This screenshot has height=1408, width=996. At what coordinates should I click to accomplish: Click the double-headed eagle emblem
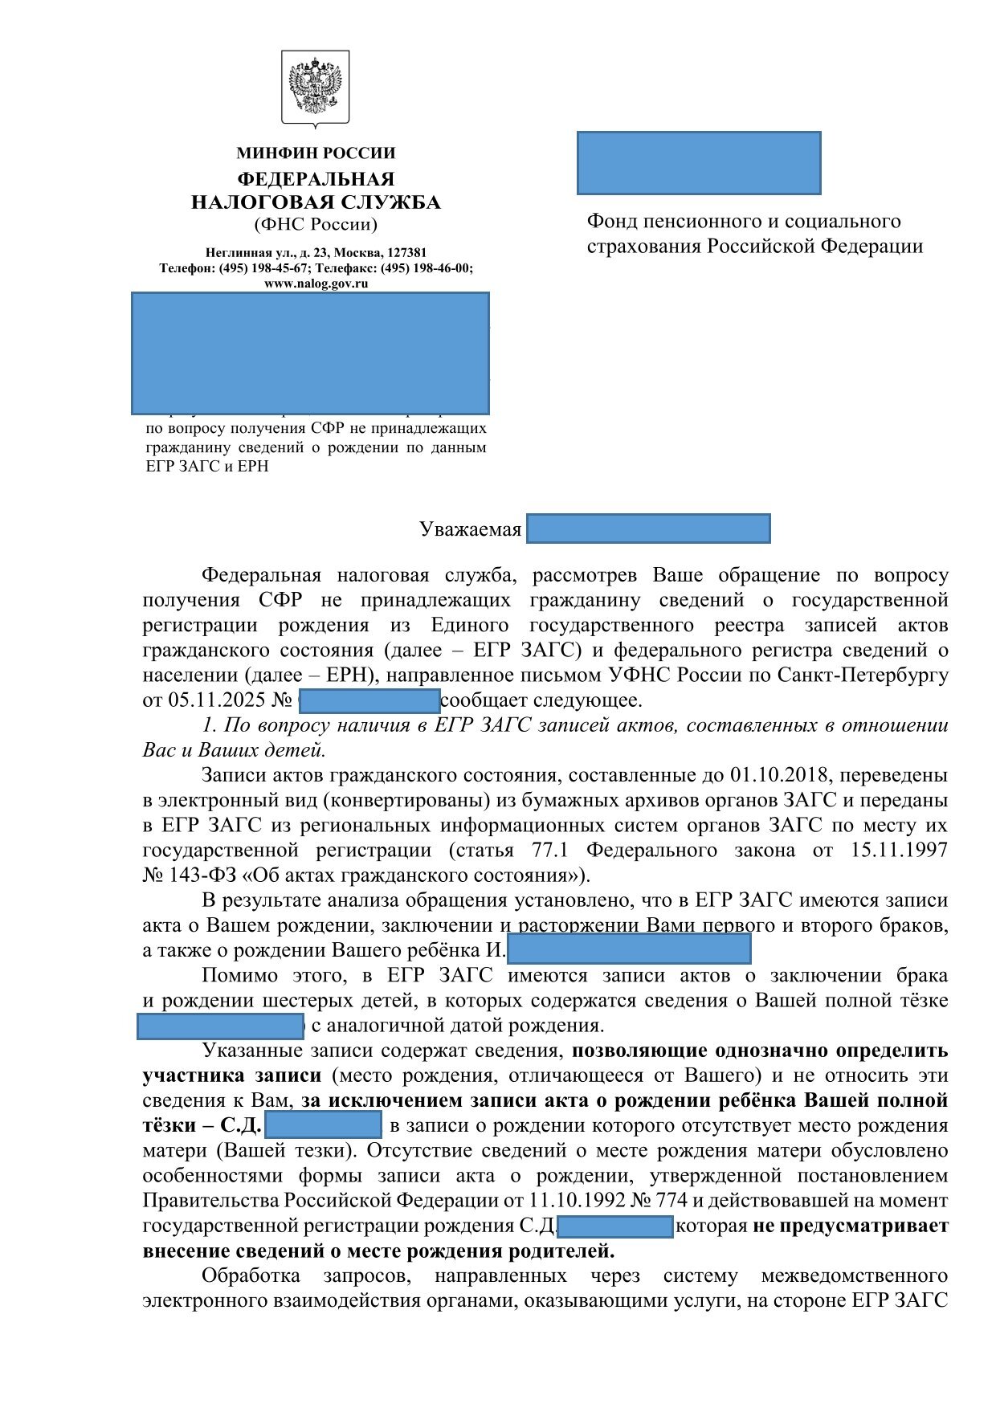pos(315,88)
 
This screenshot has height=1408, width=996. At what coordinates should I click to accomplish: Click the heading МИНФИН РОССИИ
pos(316,153)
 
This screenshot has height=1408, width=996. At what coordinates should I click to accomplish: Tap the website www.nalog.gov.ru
pos(316,283)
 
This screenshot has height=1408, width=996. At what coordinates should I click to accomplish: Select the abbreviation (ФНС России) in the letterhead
pos(316,225)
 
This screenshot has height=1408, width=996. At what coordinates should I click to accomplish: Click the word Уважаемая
pos(471,530)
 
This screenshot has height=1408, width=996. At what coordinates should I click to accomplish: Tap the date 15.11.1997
pos(899,850)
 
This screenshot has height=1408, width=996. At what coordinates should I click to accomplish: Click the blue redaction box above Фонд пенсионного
pos(699,163)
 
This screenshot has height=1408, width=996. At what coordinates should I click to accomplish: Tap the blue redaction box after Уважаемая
pos(649,529)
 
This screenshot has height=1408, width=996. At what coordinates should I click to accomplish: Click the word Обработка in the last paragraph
pos(251,1276)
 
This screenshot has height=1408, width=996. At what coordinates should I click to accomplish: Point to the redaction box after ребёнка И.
pos(629,949)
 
